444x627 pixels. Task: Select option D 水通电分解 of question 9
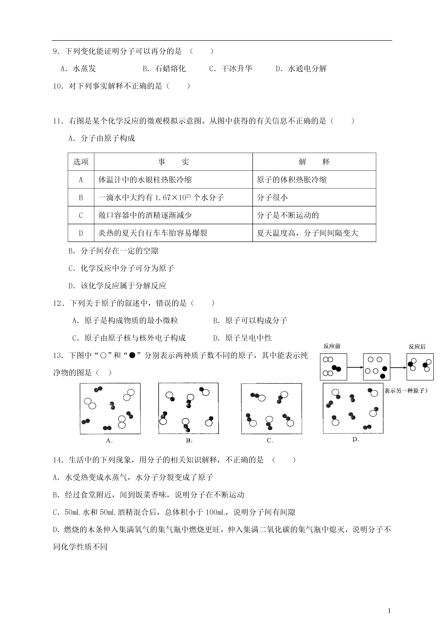301,69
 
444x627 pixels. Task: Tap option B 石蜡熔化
164,69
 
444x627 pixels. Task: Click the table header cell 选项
81,162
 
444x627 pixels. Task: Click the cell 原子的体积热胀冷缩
292,180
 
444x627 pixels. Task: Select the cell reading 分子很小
272,197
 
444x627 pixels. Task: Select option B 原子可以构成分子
250,321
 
